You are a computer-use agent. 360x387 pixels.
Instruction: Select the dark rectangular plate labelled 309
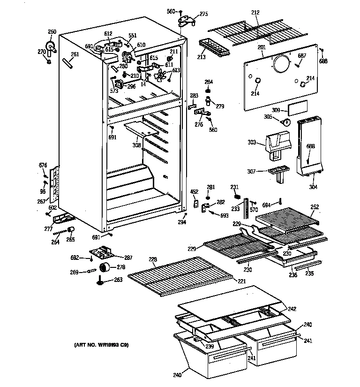297,109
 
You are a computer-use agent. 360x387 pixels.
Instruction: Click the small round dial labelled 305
285,121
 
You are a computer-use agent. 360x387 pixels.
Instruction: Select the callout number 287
127,258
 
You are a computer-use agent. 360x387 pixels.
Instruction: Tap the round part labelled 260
50,45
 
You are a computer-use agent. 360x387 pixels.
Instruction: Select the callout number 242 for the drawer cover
292,309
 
